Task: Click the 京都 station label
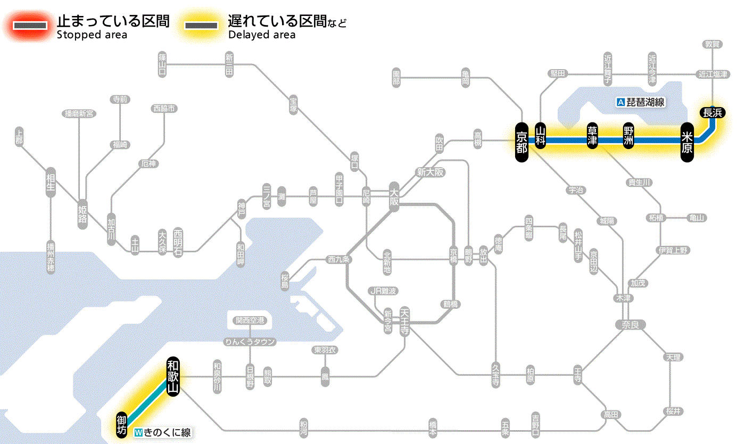click(521, 142)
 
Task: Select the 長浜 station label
click(712, 112)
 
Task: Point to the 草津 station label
click(592, 136)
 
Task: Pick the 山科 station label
click(541, 136)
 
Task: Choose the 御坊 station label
click(122, 424)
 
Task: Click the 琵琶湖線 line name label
click(641, 102)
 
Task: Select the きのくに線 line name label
click(163, 433)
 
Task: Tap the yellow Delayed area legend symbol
click(201, 26)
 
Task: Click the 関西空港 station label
click(250, 320)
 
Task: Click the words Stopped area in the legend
click(92, 35)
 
